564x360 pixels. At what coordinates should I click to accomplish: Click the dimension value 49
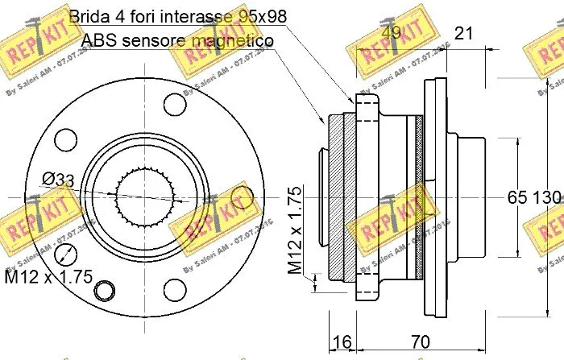(x=392, y=33)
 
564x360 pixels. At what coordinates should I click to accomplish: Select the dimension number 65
(x=516, y=197)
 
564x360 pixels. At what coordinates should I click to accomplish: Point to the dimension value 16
(x=342, y=343)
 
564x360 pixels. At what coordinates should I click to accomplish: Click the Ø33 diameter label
(x=58, y=179)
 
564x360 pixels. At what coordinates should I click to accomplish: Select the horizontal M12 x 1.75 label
(x=47, y=301)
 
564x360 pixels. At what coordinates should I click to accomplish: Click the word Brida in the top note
(x=89, y=15)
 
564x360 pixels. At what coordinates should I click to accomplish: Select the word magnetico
(x=233, y=39)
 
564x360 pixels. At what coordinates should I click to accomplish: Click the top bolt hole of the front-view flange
(x=174, y=103)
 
